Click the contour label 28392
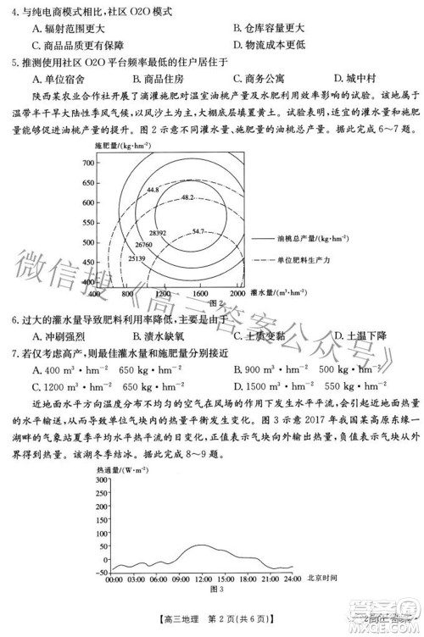pyautogui.click(x=157, y=231)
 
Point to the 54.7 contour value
pyautogui.click(x=198, y=230)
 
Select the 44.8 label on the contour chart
pyautogui.click(x=153, y=190)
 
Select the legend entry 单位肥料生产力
pyautogui.click(x=314, y=258)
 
